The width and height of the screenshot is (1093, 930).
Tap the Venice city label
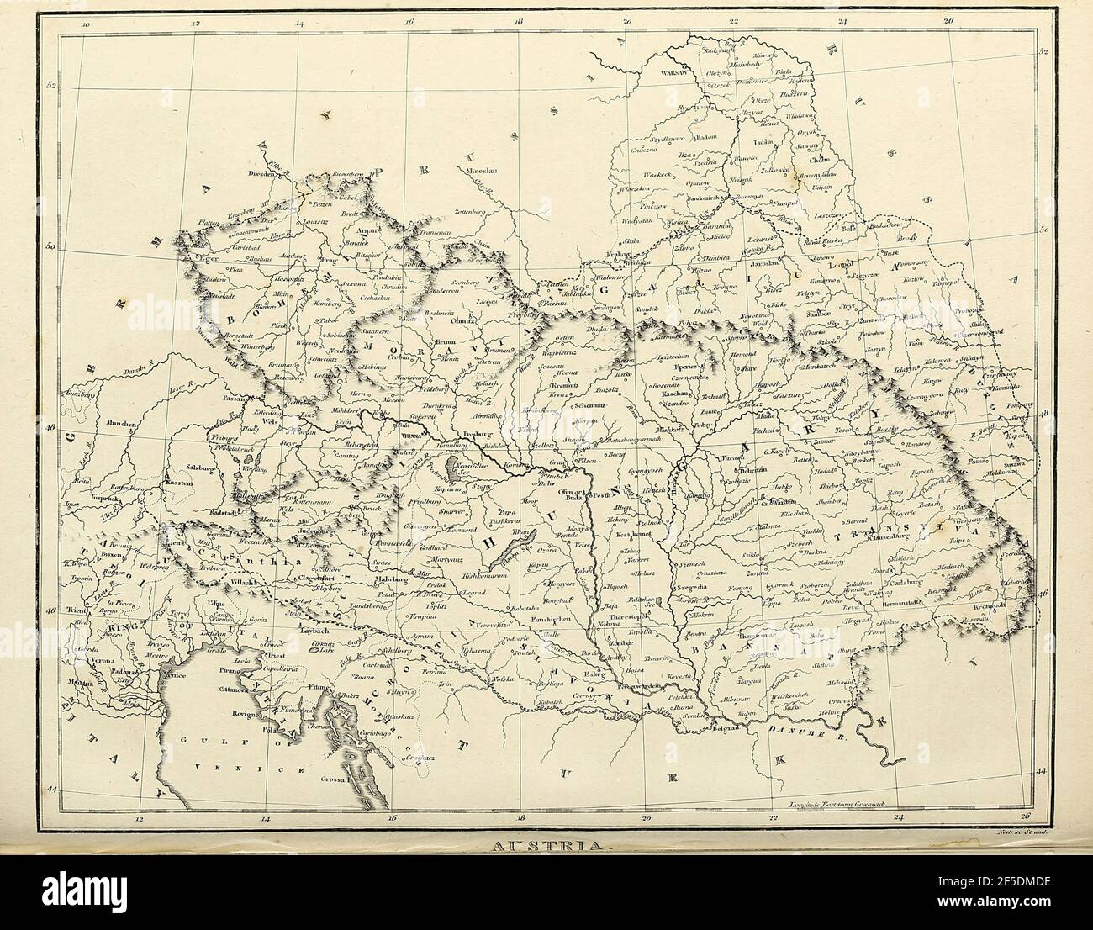175,674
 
